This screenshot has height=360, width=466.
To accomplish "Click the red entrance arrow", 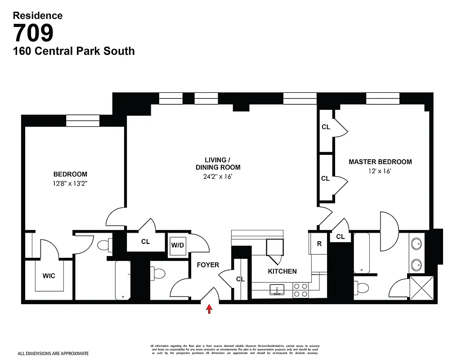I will click(x=209, y=309).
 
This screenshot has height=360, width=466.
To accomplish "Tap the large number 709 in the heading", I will click(x=33, y=33).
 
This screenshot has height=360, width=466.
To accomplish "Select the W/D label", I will click(x=177, y=246).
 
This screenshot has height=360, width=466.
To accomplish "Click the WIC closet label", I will click(x=49, y=275).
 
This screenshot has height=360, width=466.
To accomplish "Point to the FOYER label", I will click(x=208, y=265).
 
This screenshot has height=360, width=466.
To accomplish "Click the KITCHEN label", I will click(x=282, y=271).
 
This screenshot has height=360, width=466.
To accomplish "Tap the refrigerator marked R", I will click(x=319, y=244).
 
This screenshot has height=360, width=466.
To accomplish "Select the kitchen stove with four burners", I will click(x=300, y=290).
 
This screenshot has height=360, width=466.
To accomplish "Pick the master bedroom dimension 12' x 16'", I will click(x=380, y=171).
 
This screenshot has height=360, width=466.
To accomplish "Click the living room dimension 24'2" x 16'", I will click(x=217, y=176).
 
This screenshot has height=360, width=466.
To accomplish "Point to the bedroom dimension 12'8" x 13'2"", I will click(x=70, y=183).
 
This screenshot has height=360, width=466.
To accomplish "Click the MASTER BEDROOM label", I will click(x=380, y=162).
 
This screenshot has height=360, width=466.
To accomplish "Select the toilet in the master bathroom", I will click(x=363, y=286).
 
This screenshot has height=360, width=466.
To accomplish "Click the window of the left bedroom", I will click(x=83, y=121).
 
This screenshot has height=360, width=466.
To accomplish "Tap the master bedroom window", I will click(x=382, y=98).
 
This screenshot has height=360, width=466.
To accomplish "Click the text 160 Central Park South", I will click(x=74, y=51).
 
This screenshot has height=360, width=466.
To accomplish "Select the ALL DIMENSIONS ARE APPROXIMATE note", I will click(x=53, y=354).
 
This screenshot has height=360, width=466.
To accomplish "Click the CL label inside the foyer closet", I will click(x=240, y=279).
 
